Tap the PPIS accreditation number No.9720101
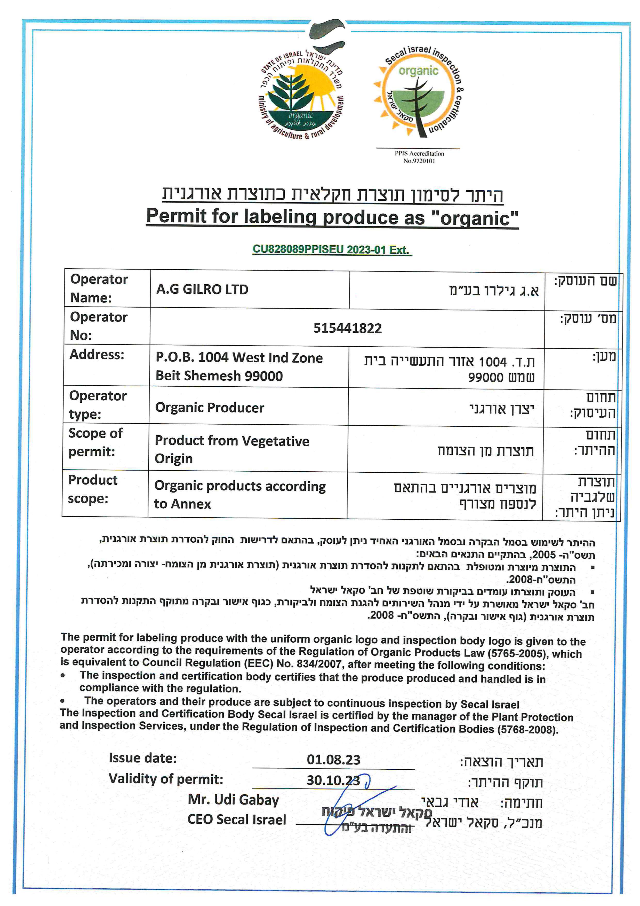pos(419,161)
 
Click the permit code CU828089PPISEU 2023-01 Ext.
pos(331,250)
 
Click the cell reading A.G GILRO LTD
pos(202,290)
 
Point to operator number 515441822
pos(347,328)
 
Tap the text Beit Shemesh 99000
pos(219,376)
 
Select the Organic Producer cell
pos(210,408)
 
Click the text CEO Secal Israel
pos(237,819)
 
